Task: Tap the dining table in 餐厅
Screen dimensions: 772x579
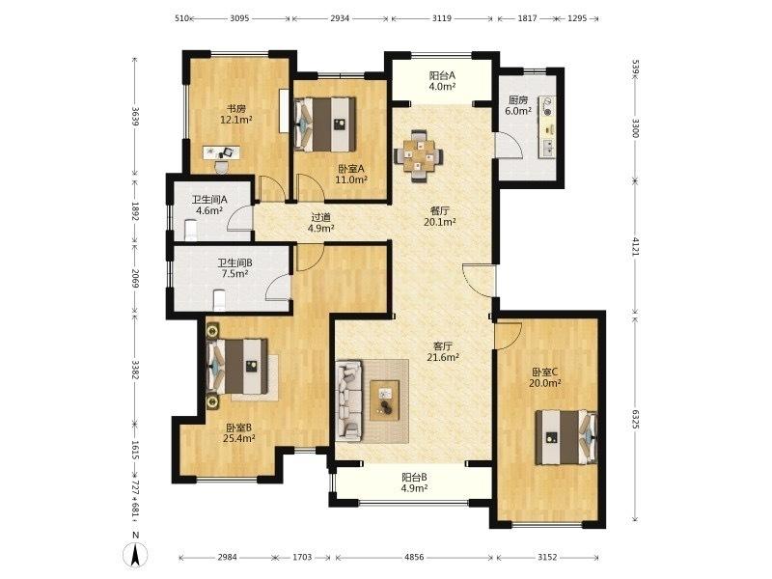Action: click(x=418, y=155)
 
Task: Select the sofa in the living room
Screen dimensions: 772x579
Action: click(x=348, y=400)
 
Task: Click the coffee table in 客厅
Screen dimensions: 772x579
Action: click(x=384, y=400)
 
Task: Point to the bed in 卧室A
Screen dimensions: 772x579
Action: click(x=324, y=124)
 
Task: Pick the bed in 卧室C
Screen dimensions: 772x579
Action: click(x=566, y=437)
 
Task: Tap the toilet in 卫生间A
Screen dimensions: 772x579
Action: click(x=190, y=230)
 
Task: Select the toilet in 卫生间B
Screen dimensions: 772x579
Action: click(x=220, y=300)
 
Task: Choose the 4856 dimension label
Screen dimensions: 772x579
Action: click(x=414, y=558)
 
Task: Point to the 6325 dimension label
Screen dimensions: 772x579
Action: click(x=636, y=419)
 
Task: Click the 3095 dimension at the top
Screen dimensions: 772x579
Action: click(x=239, y=18)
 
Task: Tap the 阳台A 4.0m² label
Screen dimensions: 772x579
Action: click(x=442, y=81)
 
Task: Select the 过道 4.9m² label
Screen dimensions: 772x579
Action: click(x=321, y=223)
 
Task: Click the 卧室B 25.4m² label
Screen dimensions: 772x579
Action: click(x=238, y=433)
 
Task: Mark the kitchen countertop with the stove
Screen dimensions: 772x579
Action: click(x=547, y=127)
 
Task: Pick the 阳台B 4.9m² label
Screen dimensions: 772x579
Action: click(x=414, y=483)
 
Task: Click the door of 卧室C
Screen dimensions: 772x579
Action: click(x=509, y=336)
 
